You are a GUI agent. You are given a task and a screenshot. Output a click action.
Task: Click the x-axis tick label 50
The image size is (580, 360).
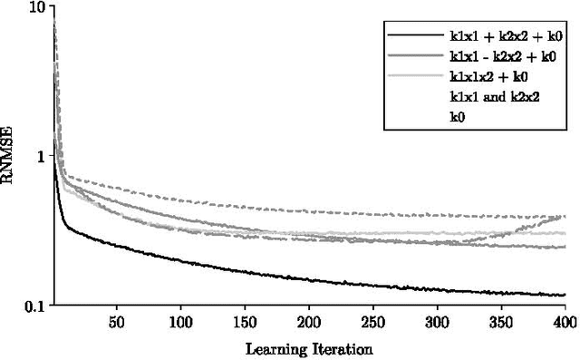(117, 322)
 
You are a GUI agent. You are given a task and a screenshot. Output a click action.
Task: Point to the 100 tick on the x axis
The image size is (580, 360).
(181, 322)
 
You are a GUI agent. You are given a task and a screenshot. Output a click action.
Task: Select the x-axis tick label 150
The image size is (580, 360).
(246, 322)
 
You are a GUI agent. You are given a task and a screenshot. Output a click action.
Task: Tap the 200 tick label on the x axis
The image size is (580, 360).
(309, 322)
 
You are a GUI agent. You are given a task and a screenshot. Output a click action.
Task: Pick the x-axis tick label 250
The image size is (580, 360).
(373, 322)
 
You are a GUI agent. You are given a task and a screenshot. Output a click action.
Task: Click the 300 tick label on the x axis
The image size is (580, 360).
(438, 322)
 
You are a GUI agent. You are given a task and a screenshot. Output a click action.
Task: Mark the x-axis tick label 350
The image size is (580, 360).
(501, 322)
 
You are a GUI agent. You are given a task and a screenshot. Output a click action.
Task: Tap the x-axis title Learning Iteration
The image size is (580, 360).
(309, 347)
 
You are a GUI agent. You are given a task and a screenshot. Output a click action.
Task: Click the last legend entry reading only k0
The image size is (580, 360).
(458, 116)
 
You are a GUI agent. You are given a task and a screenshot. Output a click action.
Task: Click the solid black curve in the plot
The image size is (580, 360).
(272, 275)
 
